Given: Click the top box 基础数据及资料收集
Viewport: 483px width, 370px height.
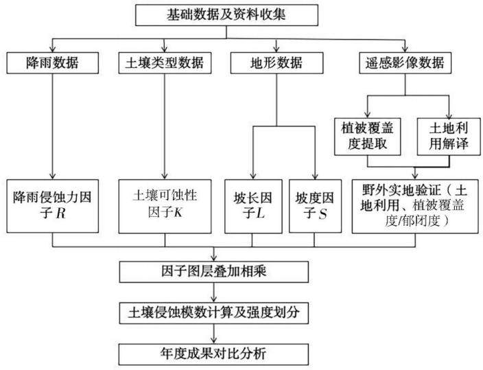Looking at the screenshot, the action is coord(226,15).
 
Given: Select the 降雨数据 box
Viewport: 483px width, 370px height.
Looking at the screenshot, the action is coord(53,63).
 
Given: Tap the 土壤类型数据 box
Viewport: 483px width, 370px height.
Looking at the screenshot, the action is coord(165,63).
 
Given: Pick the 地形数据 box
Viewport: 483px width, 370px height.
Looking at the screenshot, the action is coord(276,63).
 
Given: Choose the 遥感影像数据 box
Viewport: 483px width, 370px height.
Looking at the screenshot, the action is coord(405,63).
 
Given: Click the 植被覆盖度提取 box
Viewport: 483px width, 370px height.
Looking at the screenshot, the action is coord(368,137).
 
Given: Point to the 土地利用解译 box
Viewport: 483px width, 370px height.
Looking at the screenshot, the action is coord(449,137).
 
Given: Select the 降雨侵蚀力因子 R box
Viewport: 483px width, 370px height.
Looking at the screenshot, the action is coord(53,206).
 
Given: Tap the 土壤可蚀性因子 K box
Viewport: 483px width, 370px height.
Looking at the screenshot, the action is coord(165,206).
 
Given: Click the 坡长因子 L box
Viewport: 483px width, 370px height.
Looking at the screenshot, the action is coord(253,206).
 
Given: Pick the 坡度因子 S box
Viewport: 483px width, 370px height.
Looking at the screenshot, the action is coord(315,206).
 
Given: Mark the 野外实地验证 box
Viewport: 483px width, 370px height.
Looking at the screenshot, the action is coord(415,206).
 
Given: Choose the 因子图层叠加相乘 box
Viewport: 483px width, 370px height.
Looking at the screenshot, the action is coord(214,272).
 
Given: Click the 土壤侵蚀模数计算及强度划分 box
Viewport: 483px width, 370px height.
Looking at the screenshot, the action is coord(214,313).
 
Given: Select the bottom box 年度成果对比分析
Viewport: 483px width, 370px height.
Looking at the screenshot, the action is coord(213,354).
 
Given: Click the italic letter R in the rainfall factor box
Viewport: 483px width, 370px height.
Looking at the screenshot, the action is coord(61,213).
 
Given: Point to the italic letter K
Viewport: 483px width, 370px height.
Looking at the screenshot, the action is coord(178,212).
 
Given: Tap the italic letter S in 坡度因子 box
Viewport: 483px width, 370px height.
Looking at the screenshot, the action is coord(322,214).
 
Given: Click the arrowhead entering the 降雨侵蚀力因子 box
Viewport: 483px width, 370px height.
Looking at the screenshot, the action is coord(53,176).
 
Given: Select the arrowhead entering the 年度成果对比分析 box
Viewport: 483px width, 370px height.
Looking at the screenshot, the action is coord(214,340).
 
